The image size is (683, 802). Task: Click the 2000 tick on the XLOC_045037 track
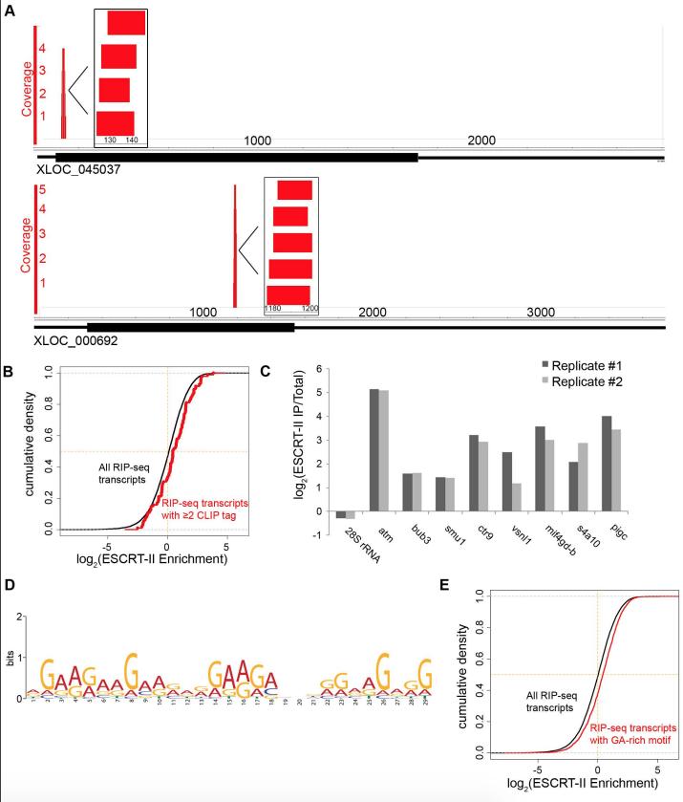[x=482, y=141]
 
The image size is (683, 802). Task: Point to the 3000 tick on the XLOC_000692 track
[x=540, y=313]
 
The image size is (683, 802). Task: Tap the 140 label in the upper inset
[x=132, y=141]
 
